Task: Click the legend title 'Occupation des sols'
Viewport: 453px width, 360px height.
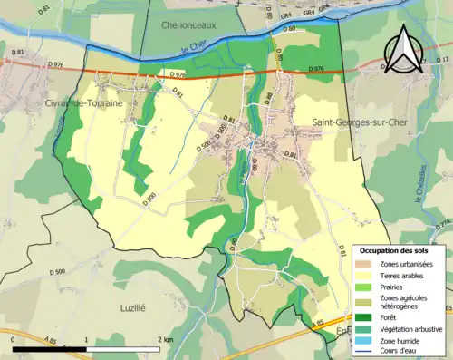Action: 394,249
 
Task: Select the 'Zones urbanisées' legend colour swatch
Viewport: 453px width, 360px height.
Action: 363,263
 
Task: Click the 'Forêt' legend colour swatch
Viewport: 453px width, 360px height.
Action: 363,317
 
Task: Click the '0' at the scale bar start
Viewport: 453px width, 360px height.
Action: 14,339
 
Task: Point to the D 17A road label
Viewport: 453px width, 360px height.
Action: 442,224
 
